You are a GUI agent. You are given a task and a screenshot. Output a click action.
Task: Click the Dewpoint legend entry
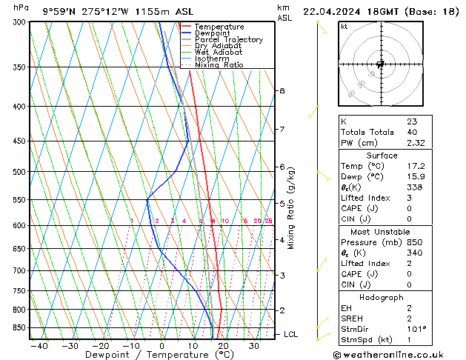[x=213, y=33]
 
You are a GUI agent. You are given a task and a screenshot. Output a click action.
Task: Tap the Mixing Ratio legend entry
[x=219, y=65]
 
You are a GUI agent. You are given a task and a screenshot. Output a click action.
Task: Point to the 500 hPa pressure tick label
[x=16, y=172]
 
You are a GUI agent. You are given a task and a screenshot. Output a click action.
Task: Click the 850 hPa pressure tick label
[x=16, y=327]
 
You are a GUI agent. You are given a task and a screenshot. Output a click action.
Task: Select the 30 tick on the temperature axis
[x=253, y=346]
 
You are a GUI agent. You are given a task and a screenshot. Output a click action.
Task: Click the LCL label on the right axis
[x=291, y=335]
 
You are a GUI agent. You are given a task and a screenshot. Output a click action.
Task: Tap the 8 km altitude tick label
[x=282, y=90]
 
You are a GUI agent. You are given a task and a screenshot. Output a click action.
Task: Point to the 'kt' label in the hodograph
[x=344, y=27]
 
